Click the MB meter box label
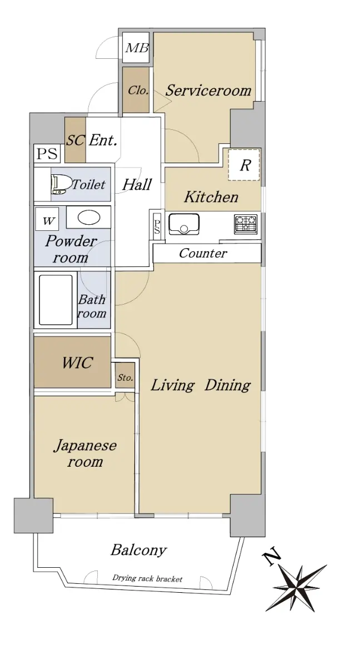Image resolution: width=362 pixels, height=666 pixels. coord(137,48)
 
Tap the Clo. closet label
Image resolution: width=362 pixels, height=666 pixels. coord(138,90)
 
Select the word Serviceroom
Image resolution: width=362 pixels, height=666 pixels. coord(209,90)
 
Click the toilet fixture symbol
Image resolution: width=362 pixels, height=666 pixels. coord(61,184)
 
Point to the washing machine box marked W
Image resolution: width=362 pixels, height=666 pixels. coord(47,219)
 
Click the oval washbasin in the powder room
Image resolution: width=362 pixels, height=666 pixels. coord(88,218)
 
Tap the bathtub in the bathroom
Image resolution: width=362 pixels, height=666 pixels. coord(56,299)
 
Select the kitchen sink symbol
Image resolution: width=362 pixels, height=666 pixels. coord(184,224)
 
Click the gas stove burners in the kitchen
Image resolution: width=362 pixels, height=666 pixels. coord(246,224)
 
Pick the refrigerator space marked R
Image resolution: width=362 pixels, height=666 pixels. coord(244,165)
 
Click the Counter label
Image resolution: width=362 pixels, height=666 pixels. coord(203,253)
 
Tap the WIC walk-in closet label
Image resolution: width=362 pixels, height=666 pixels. coord(77,363)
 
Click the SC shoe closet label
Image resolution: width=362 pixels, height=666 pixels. coord(76,140)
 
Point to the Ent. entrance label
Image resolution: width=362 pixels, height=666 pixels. coord(103,140)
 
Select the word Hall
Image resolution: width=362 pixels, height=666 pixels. coord(137,185)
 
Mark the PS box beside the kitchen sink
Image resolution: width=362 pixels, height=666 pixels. coord(157,226)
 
